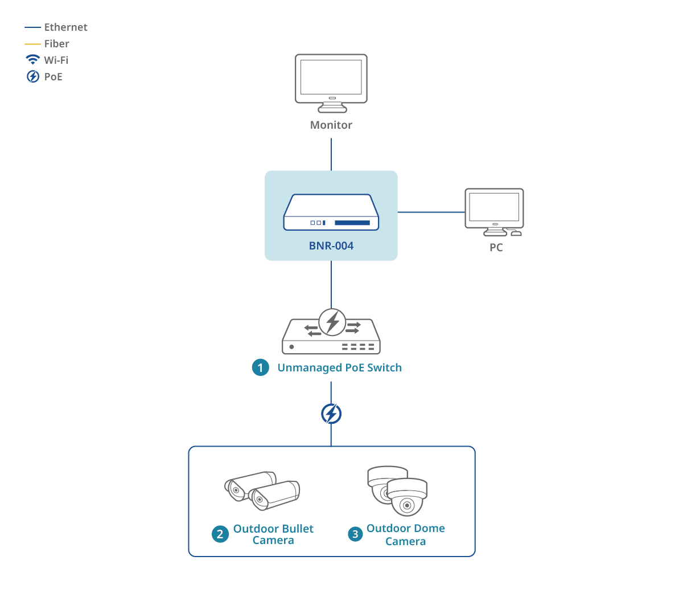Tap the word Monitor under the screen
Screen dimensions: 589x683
pos(331,125)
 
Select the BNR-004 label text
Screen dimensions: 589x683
pos(331,246)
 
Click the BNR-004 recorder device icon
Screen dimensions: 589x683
pos(331,213)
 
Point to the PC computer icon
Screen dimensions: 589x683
pos(494,211)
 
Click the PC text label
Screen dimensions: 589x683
pos(496,248)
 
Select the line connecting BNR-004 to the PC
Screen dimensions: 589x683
pos(431,212)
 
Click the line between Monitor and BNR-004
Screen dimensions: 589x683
pos(331,154)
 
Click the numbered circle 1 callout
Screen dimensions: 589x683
pos(261,368)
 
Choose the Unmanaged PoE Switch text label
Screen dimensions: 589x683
pos(340,368)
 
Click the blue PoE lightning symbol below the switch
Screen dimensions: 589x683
pos(331,414)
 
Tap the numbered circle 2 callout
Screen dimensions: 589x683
pos(220,534)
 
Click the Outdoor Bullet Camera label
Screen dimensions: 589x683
pos(273,534)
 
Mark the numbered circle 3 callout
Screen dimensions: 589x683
pos(356,534)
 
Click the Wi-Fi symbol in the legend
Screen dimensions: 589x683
pos(33,60)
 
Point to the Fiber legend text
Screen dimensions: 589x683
pos(57,44)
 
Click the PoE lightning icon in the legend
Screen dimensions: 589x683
pos(33,76)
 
